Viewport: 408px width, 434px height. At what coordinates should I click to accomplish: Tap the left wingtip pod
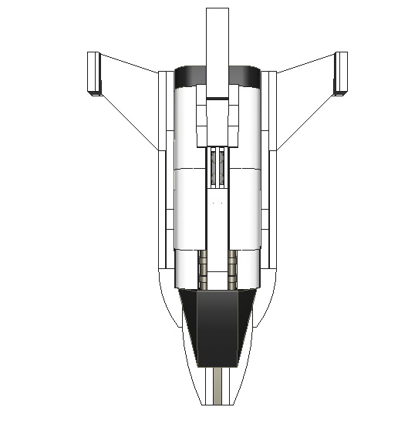(94, 73)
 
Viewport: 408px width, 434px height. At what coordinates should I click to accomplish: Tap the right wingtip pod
(340, 73)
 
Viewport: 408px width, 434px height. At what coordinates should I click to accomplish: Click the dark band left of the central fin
(191, 76)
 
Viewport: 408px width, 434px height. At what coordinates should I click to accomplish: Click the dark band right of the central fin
(244, 76)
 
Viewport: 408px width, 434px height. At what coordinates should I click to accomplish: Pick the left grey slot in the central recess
(212, 168)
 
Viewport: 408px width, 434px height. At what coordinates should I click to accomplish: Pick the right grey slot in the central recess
(222, 168)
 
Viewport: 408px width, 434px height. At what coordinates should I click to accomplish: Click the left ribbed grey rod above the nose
(204, 270)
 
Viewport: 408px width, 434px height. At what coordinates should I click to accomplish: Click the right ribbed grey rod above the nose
(231, 270)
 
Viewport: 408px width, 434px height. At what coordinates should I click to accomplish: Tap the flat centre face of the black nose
(217, 328)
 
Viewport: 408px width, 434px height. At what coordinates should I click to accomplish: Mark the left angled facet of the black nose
(189, 316)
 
